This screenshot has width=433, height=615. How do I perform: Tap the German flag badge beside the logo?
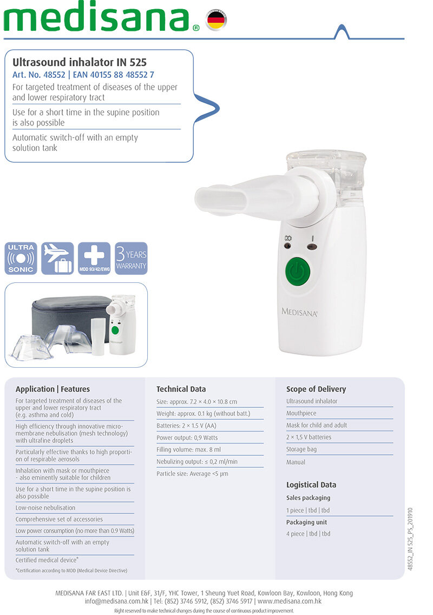click(x=216, y=20)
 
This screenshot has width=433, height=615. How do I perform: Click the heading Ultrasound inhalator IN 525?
click(x=80, y=62)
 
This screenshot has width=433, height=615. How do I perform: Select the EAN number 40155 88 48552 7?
click(x=114, y=75)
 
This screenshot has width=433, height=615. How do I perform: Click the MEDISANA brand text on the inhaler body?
click(x=299, y=312)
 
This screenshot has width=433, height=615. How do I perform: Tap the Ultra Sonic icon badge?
click(x=21, y=258)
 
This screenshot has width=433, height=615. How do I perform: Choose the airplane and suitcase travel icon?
click(x=57, y=258)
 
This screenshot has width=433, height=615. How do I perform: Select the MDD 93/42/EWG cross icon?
click(x=94, y=258)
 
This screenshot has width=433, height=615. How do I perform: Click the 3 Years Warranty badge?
click(x=131, y=258)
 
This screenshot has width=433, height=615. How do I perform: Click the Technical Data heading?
click(x=181, y=389)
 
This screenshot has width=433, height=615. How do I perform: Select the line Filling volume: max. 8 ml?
click(x=188, y=449)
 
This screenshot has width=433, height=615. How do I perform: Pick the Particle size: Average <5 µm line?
click(x=192, y=473)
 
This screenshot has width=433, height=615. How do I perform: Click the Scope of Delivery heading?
click(x=316, y=389)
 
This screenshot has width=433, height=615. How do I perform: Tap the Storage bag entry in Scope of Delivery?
click(x=301, y=449)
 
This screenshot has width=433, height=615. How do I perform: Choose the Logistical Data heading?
click(x=311, y=485)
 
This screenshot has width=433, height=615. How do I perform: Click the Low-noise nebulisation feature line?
click(x=45, y=507)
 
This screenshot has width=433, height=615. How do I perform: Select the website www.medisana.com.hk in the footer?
click(x=290, y=601)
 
